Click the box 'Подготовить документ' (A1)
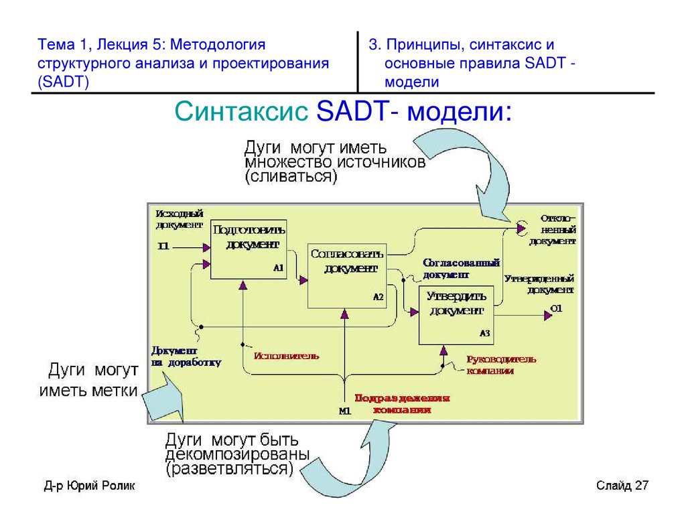249,249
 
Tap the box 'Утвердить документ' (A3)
456,314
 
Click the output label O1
556,309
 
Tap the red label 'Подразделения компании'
402,403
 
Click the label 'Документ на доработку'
185,356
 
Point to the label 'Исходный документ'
178,218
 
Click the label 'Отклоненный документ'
552,229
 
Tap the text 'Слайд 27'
622,486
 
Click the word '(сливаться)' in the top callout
291,177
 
